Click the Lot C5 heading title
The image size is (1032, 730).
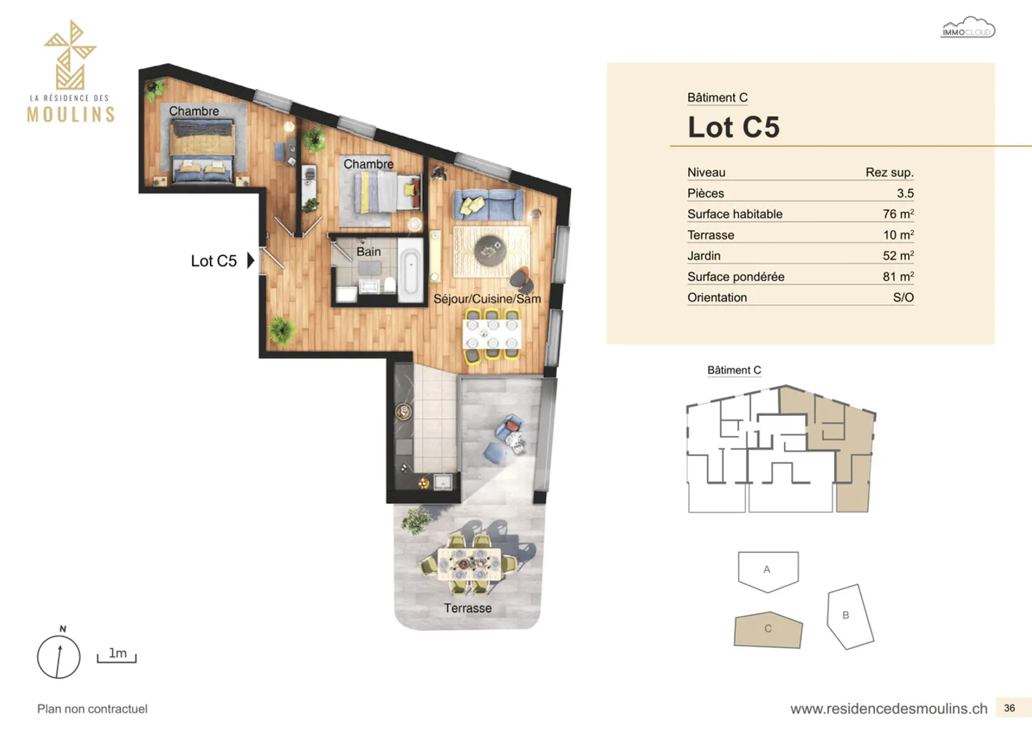733,127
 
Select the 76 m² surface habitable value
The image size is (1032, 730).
897,214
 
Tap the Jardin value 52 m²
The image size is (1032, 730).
897,255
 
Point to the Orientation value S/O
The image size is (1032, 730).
903,297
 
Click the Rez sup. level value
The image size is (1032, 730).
889,172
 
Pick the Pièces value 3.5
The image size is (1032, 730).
904,193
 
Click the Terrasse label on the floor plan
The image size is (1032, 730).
467,608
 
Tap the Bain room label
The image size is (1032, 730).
368,252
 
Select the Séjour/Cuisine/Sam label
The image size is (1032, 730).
487,298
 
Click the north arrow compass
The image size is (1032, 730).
59,656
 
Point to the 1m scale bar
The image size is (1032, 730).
117,655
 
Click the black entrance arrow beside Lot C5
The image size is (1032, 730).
250,260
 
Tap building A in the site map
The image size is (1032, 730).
768,570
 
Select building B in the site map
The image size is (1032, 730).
849,616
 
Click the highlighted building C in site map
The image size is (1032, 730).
768,630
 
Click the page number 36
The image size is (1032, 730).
1009,708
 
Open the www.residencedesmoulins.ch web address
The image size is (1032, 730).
889,708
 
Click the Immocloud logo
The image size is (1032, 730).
967,28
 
